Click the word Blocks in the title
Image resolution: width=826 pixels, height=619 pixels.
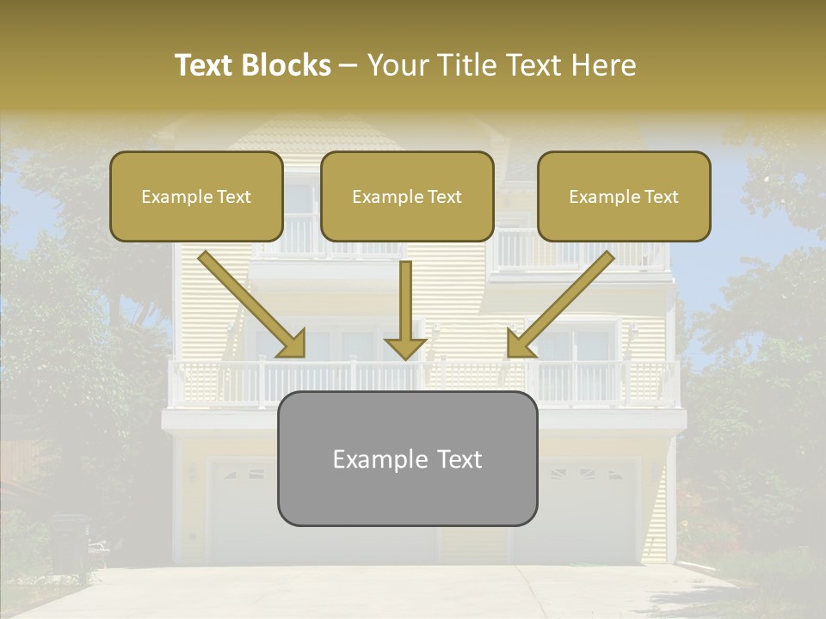point(286,65)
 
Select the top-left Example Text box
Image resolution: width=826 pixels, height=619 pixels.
point(196,197)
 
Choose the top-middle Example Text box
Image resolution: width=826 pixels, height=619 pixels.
point(407,197)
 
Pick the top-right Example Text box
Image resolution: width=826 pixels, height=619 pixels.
point(624,197)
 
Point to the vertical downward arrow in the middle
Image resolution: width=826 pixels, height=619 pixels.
point(406,309)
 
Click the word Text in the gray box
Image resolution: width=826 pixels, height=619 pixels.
point(455,459)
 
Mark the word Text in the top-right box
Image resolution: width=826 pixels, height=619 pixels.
point(661,197)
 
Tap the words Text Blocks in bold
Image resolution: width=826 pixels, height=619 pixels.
point(253,65)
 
